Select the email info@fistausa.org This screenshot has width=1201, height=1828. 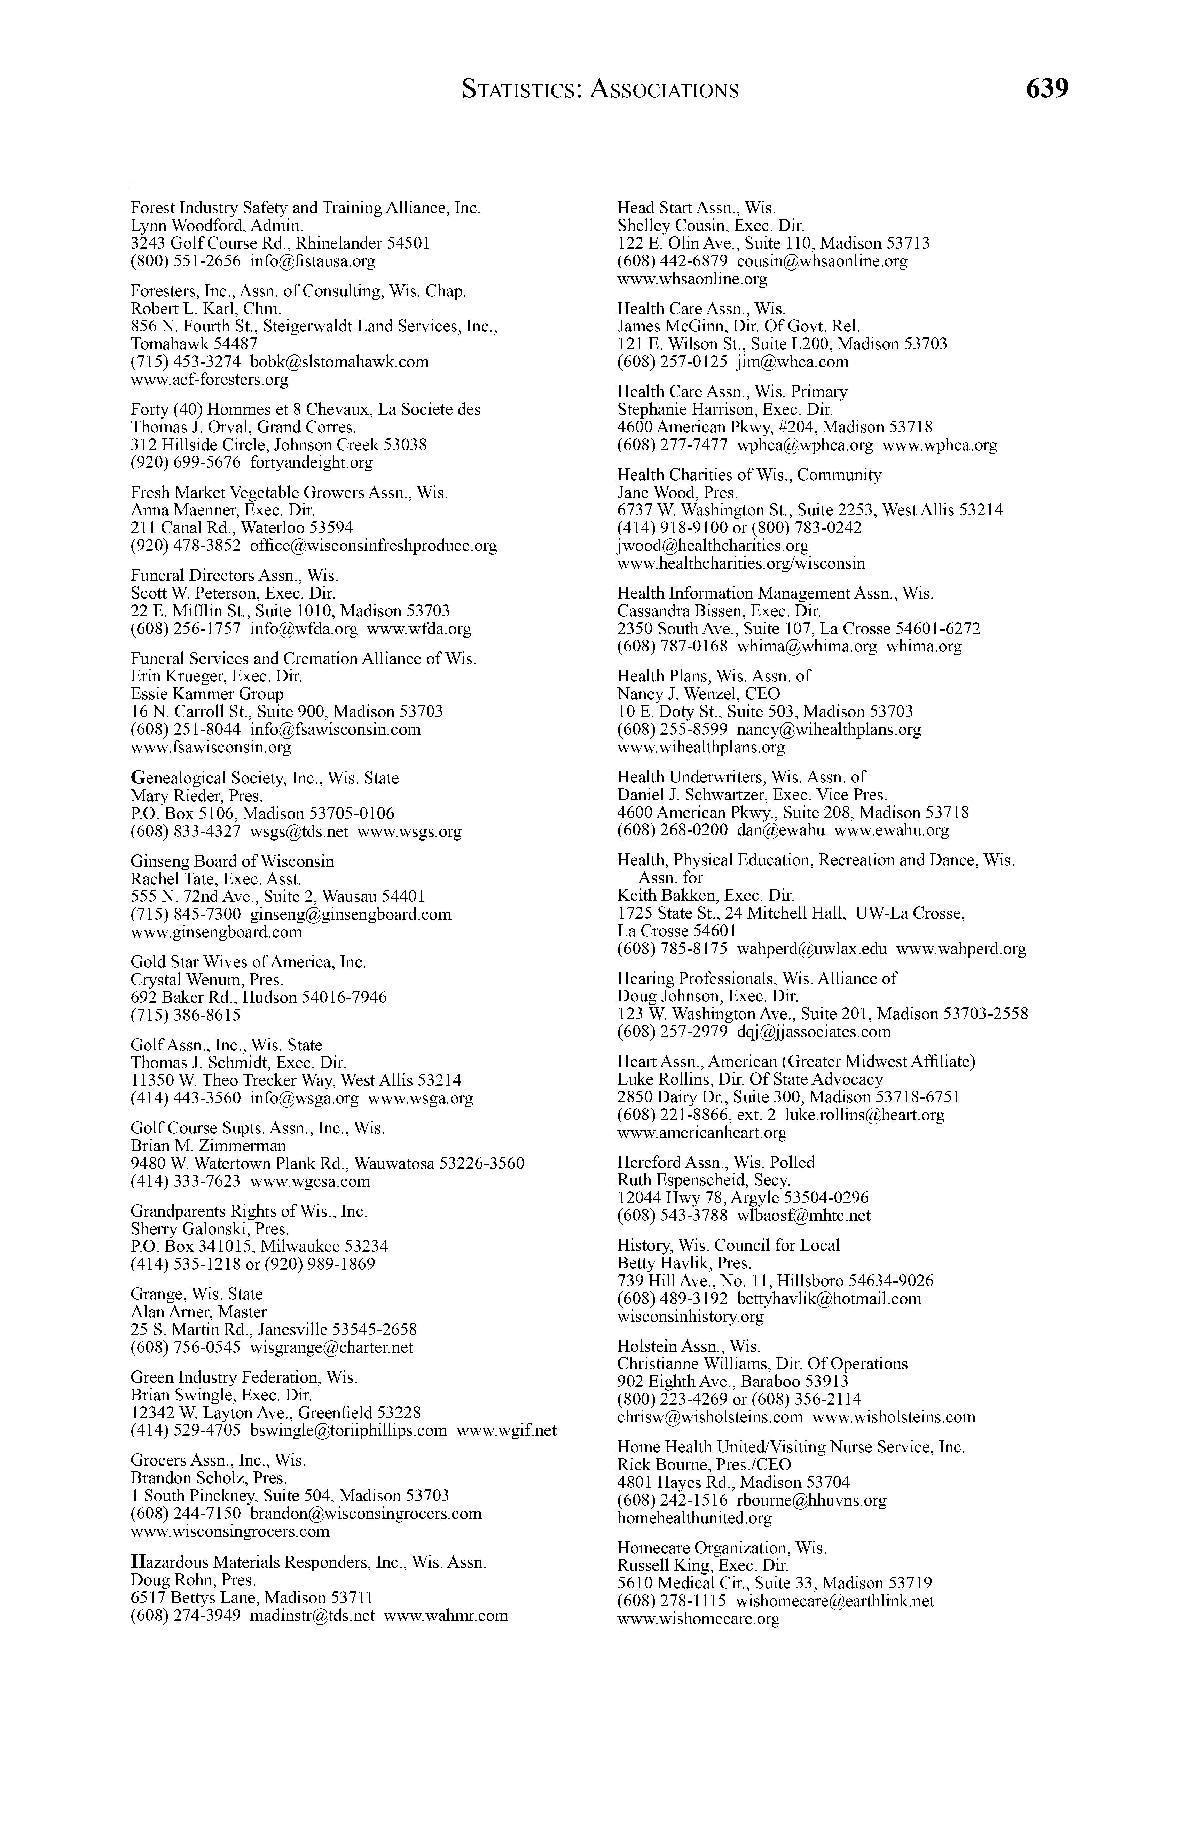[313, 261]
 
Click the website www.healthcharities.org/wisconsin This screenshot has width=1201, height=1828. [741, 564]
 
